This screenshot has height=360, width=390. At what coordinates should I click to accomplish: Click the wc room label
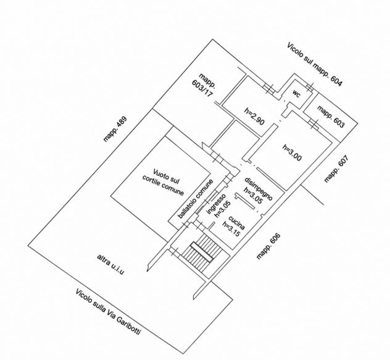tap(296, 94)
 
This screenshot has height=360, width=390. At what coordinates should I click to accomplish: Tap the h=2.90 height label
tap(254, 116)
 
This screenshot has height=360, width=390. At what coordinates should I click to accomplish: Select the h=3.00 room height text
tap(292, 153)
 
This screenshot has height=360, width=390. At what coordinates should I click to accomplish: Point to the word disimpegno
tap(259, 189)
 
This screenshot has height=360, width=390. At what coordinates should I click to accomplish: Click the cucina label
tap(236, 223)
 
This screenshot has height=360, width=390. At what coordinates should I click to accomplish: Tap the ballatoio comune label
tap(196, 199)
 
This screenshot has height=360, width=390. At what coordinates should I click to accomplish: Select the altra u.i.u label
tap(110, 264)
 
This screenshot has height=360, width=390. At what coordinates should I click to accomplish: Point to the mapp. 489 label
tap(115, 129)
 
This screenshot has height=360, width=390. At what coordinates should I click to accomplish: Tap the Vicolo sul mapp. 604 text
tap(315, 64)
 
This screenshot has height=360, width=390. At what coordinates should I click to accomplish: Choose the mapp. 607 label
tap(336, 169)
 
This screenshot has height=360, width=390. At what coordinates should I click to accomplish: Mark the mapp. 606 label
tap(268, 246)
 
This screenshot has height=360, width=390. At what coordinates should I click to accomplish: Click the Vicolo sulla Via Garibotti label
tap(108, 312)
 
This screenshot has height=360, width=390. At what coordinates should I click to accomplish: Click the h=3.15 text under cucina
tap(231, 229)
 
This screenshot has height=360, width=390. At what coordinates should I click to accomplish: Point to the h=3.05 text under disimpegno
tap(253, 195)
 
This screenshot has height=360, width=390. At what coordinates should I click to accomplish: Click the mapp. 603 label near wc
tap(331, 117)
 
